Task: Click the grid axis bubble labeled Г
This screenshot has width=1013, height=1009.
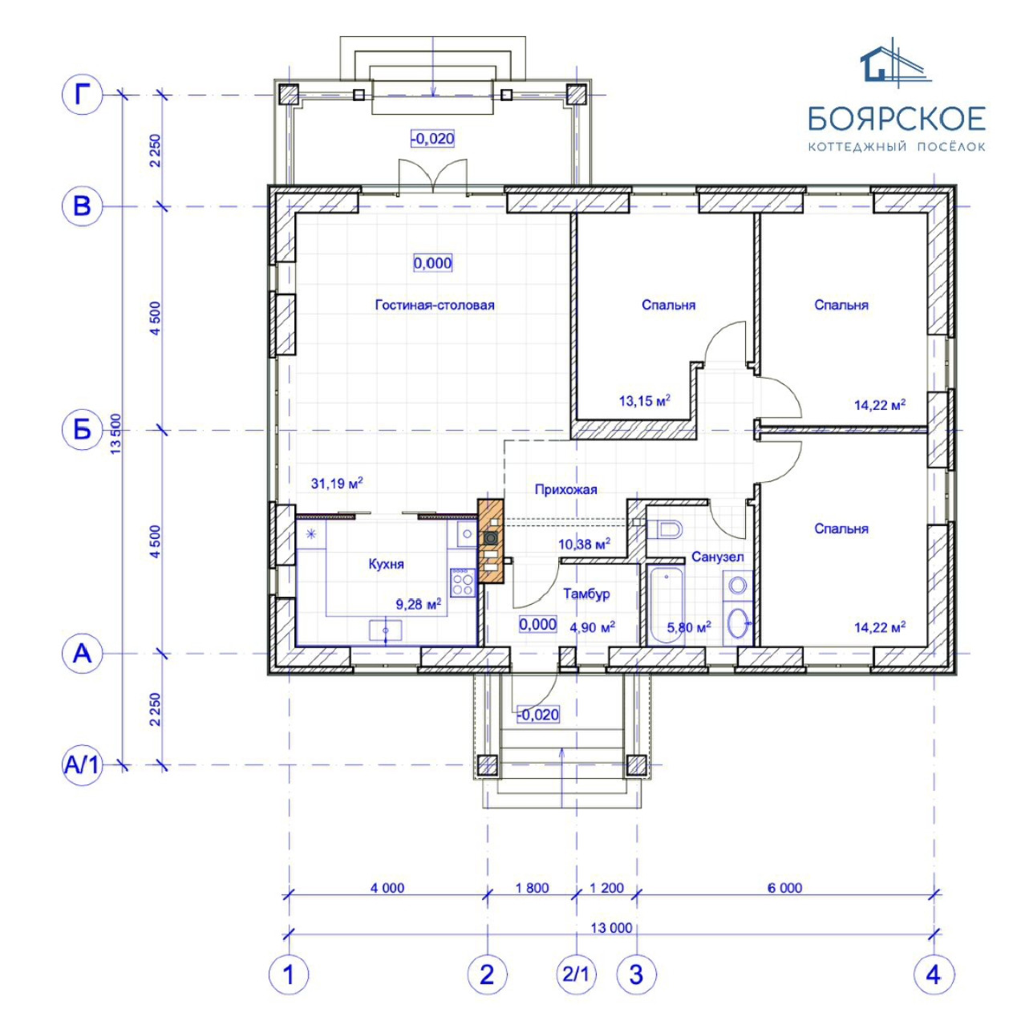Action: pos(82,95)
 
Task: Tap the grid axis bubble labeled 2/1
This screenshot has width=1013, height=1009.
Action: pos(577,975)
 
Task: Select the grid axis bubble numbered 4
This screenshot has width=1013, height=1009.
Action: pos(934,975)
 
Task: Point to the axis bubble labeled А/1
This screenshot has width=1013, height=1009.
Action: pos(82,765)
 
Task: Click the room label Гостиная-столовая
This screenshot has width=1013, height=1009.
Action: pos(435,306)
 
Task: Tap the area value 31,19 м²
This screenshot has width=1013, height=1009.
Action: pos(337,483)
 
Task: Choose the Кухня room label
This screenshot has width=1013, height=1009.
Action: pos(387,564)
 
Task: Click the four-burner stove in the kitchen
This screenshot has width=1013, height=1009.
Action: pos(462,582)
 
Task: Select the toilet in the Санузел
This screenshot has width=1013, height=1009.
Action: pos(664,529)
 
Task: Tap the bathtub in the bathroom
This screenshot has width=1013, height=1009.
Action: pos(666,606)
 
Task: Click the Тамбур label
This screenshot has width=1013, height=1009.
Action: pos(586,594)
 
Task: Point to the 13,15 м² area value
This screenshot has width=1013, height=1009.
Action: pos(645,401)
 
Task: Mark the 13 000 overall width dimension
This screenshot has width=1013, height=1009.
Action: pos(611,928)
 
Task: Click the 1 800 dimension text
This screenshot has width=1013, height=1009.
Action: pos(532,888)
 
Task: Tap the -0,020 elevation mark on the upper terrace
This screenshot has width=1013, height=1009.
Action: pos(432,139)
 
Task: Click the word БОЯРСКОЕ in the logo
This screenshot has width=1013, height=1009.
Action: pos(897,118)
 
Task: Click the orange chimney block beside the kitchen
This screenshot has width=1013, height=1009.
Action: pos(491,541)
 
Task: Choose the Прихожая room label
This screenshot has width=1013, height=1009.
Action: pos(565,490)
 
